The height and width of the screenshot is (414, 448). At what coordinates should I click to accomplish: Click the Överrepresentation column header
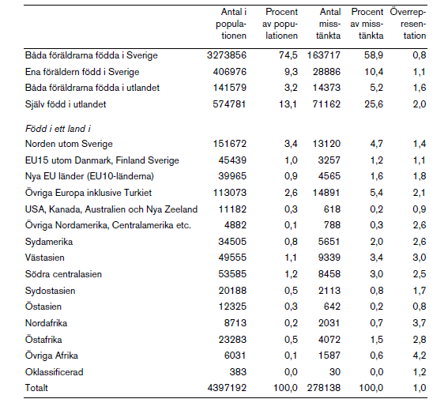coord(408,24)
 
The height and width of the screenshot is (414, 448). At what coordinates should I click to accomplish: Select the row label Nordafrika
coord(47,323)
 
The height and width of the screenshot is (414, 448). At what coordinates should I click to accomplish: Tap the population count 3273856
coord(227,55)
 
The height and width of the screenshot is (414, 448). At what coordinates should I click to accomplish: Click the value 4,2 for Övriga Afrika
coord(419,356)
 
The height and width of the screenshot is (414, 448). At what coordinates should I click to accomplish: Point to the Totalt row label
coord(36,388)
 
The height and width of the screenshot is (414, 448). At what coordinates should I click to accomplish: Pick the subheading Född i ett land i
coord(58,129)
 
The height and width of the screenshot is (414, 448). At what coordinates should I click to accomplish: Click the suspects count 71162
coord(326,104)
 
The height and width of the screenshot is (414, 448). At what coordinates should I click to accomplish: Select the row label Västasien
coord(45,258)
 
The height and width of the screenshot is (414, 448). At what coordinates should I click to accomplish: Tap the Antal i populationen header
coord(231,24)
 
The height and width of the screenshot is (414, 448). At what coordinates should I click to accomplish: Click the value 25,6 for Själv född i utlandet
coord(374,104)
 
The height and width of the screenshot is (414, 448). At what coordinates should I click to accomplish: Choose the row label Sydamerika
coord(49,242)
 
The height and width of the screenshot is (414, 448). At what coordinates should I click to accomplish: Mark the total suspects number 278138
coord(324,388)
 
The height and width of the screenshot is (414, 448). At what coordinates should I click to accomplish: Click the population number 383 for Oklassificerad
coord(238,371)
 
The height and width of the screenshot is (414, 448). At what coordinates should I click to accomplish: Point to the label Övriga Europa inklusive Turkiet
coord(88,193)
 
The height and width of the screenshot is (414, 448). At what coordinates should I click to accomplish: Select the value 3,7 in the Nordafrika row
coord(419,323)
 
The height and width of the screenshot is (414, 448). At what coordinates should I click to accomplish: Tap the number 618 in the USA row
coord(332,209)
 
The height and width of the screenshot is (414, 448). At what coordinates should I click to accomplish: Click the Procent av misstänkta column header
coord(367,24)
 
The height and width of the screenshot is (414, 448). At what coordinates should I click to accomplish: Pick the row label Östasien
coord(43,307)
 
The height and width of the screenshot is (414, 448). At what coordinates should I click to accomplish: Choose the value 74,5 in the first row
coord(288,55)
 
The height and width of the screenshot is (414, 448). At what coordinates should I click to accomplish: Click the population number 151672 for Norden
coord(229,144)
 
